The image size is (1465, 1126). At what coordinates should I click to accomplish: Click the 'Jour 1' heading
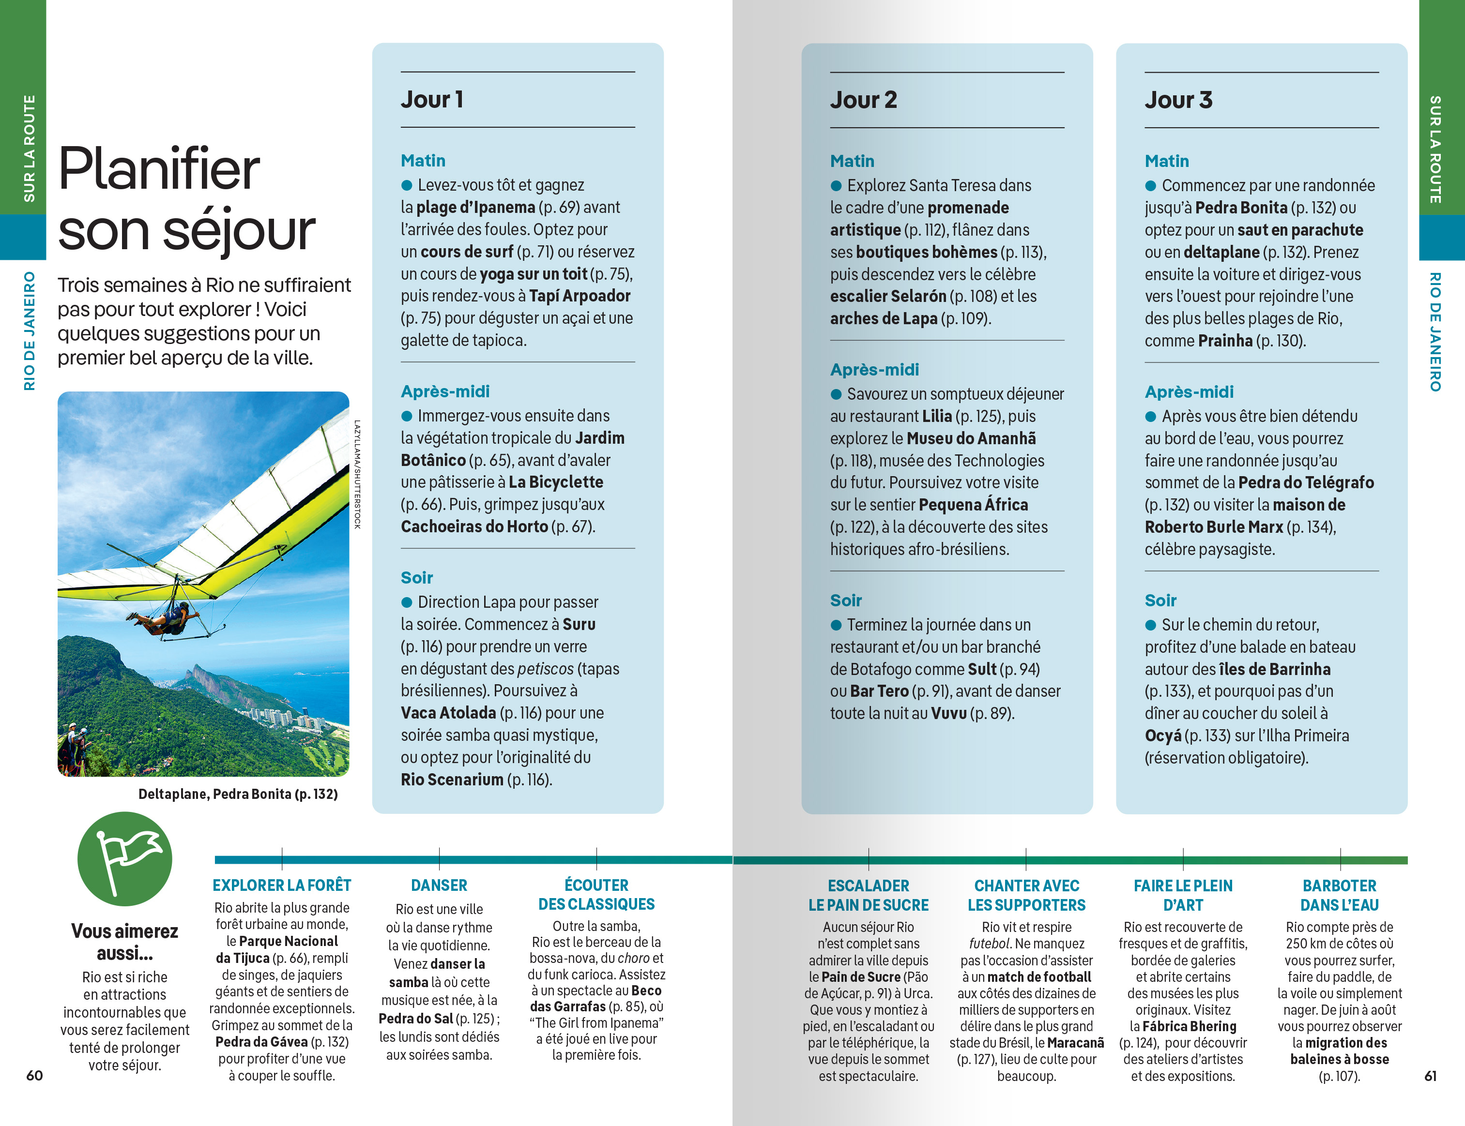(x=432, y=99)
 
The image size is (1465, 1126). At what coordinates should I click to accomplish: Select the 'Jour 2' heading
(x=863, y=100)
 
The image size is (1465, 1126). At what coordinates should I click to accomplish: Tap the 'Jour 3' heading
(x=1178, y=100)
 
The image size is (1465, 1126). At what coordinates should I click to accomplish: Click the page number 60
(x=34, y=1075)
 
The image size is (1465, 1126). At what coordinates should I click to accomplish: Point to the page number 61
(x=1430, y=1075)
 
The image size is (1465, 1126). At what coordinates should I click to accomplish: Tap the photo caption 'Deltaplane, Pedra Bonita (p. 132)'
(x=237, y=794)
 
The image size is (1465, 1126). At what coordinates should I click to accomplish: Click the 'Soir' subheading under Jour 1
(x=416, y=578)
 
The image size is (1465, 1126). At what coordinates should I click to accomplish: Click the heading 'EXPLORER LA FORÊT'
(x=282, y=886)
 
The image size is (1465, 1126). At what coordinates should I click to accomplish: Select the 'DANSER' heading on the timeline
(x=439, y=886)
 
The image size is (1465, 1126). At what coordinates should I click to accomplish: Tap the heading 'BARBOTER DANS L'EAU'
(x=1339, y=896)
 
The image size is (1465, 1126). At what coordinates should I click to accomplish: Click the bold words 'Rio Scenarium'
(x=452, y=780)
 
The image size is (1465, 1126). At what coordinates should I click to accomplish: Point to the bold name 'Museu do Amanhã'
(x=971, y=438)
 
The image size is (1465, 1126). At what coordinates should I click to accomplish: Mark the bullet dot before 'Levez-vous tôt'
(x=406, y=185)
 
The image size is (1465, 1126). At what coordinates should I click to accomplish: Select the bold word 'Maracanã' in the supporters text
(x=1075, y=1043)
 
